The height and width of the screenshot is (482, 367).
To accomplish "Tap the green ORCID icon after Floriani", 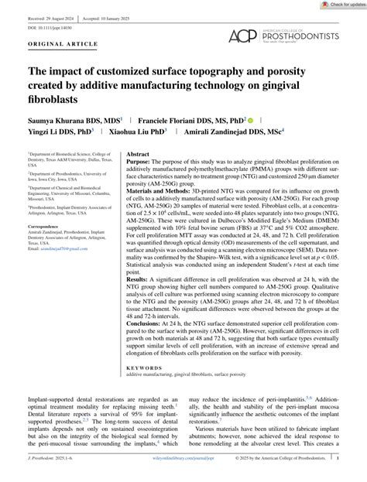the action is pos(251,121).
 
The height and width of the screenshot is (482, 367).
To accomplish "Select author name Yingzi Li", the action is pos(57,133).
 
